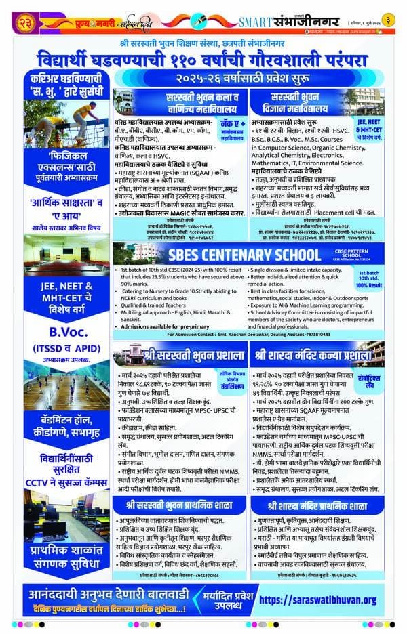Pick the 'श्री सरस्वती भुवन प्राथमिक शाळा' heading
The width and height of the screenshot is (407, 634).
(x=179, y=505)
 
